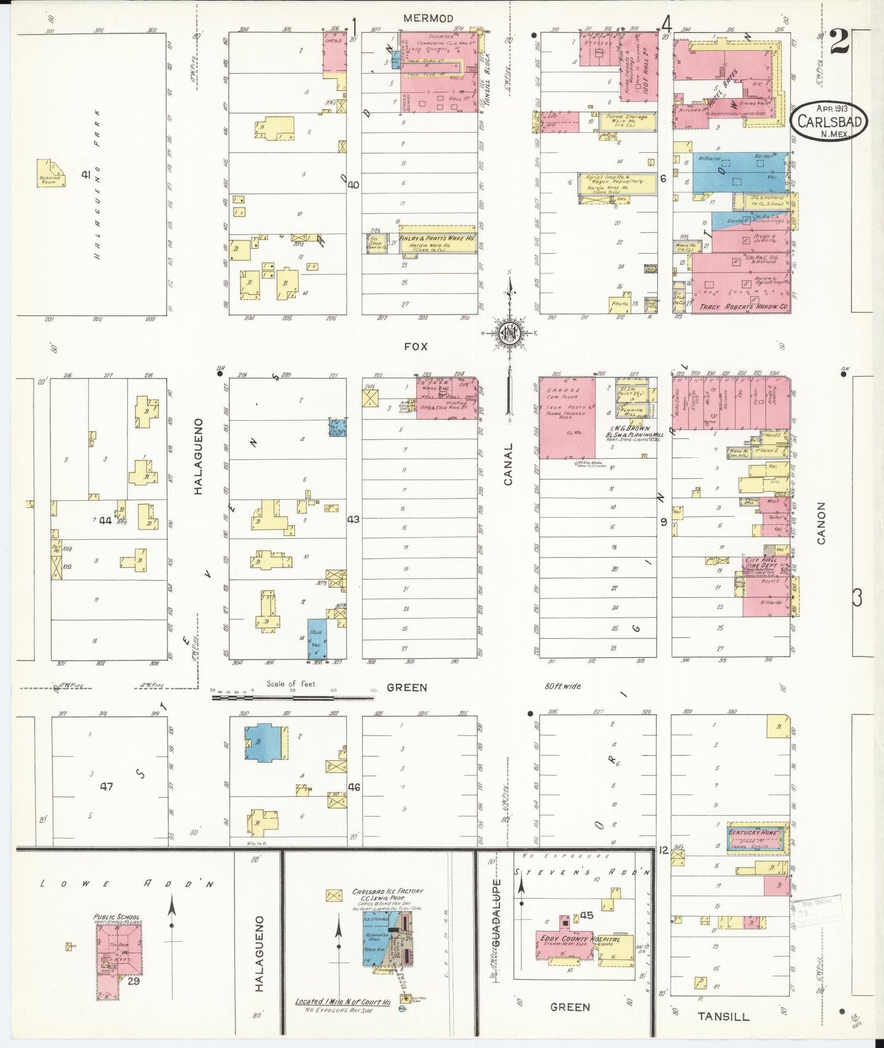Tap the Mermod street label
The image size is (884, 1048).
coord(428,18)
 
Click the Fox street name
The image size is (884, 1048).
coord(416,346)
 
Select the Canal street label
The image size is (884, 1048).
coord(508,464)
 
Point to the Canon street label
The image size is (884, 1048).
coord(821,523)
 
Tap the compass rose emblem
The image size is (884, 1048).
coord(509,333)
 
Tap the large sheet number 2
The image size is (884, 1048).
coord(839,43)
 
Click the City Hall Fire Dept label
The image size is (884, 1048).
coord(760,563)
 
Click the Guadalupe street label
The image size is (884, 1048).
coord(496,913)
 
